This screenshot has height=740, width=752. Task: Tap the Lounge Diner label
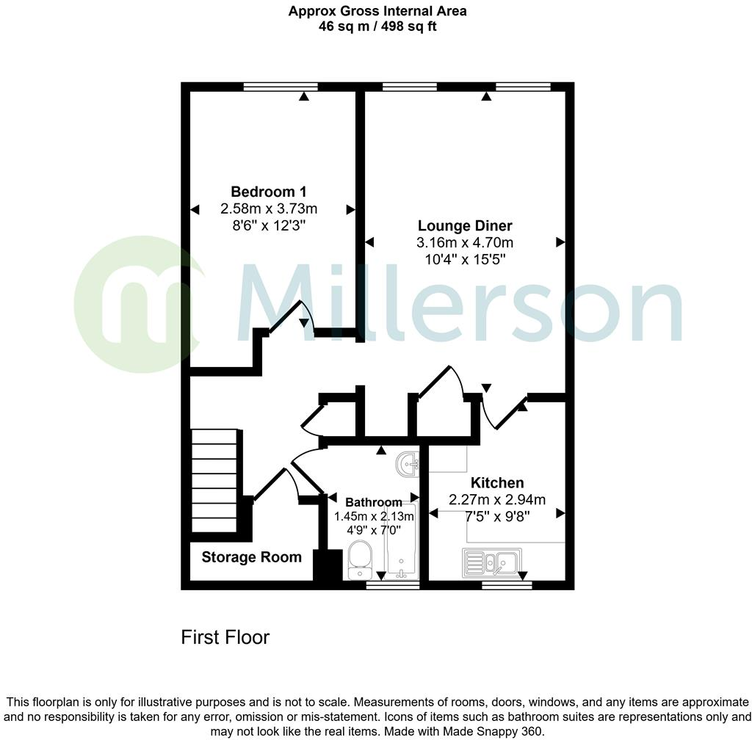(465, 225)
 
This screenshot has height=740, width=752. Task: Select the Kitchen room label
(497, 482)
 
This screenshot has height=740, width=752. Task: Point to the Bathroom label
(374, 502)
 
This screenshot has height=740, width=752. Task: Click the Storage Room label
(251, 557)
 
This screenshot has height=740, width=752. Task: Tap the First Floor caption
(225, 637)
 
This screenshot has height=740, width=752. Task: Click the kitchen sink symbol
(491, 562)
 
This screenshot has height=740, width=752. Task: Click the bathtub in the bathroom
(401, 543)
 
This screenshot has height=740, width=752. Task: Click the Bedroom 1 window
(275, 87)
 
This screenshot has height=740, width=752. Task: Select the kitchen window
(507, 585)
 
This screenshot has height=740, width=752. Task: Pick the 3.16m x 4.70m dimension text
(465, 242)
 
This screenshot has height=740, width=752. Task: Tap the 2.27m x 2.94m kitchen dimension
(497, 500)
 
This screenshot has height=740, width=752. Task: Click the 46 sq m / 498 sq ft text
(377, 27)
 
